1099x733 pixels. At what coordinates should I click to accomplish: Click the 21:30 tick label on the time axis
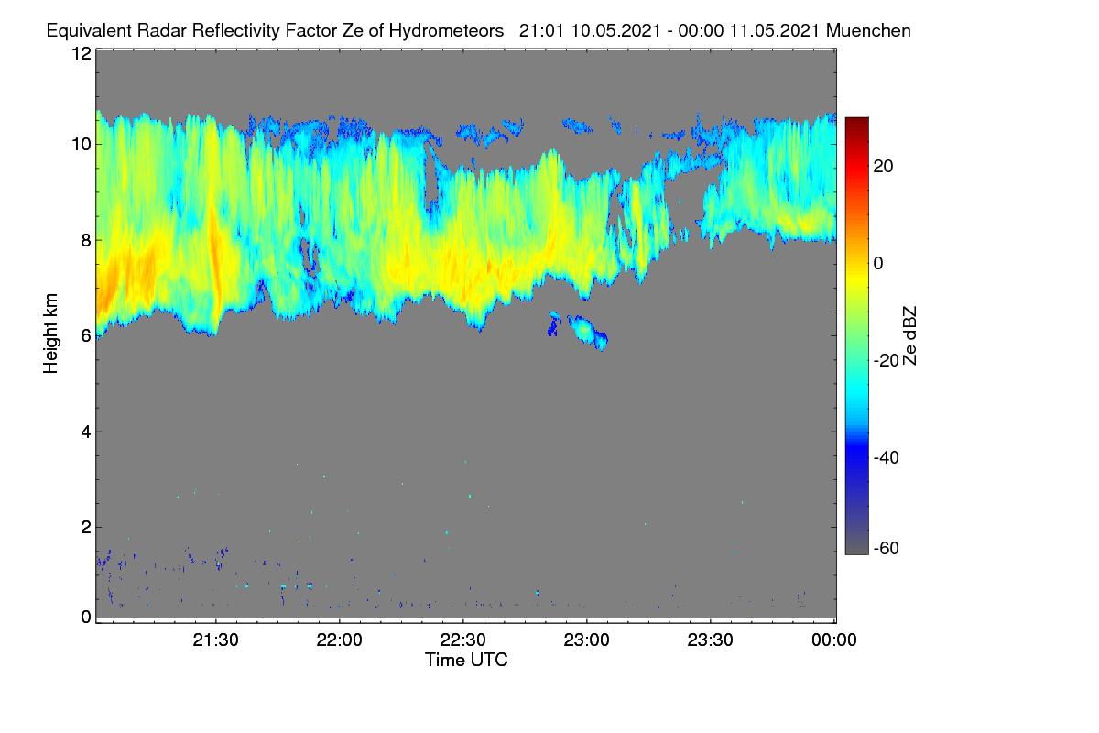pos(215,640)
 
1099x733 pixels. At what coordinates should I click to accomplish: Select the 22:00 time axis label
pos(339,640)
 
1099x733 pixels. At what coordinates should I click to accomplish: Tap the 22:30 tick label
pos(462,640)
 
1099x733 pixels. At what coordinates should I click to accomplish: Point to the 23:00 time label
pos(586,640)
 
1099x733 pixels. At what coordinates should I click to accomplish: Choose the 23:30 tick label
pos(710,640)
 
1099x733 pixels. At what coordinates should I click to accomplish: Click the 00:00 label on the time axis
pos(834,640)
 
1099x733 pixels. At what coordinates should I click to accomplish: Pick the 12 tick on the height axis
pos(82,53)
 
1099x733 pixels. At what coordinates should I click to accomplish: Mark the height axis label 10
pos(82,145)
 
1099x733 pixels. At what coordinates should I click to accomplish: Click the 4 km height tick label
pos(86,432)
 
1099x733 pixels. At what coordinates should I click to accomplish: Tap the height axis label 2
pos(86,527)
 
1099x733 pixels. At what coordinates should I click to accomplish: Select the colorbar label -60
pos(887,549)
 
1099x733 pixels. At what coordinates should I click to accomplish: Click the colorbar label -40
pos(887,457)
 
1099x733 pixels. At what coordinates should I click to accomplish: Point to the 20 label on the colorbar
pos(883,167)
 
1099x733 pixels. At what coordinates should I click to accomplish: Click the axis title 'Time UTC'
pos(466,660)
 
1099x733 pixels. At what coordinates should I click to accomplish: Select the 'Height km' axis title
pos(50,334)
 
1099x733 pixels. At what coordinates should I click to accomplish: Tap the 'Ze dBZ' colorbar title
pos(909,336)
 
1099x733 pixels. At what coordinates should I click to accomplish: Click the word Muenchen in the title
pos(868,31)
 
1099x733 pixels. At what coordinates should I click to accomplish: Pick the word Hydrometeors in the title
pos(446,31)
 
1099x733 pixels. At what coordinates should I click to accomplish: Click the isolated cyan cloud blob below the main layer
pos(587,332)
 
